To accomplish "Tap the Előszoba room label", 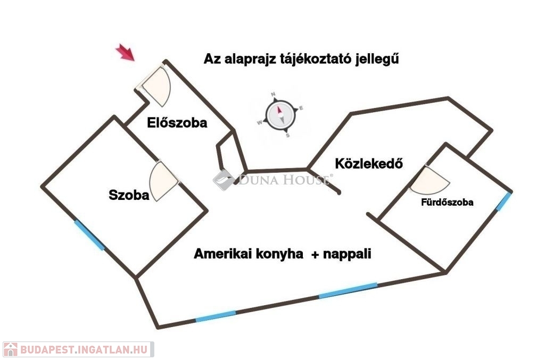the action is tap(177, 123).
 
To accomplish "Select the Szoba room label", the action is tap(129, 195).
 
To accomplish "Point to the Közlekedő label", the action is tap(369, 163).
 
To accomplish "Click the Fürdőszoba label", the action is tap(447, 203).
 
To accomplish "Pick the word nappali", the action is tap(347, 254).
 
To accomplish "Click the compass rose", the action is tap(281, 115).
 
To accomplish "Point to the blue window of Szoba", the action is tap(89, 236).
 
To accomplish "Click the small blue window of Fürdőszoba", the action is tap(503, 202).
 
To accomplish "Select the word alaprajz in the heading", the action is tap(250, 59).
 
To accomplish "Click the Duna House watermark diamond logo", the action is tap(224, 180).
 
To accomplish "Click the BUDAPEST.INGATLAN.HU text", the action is tap(84, 349).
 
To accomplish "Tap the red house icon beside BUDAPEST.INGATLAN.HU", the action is tap(11, 349).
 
